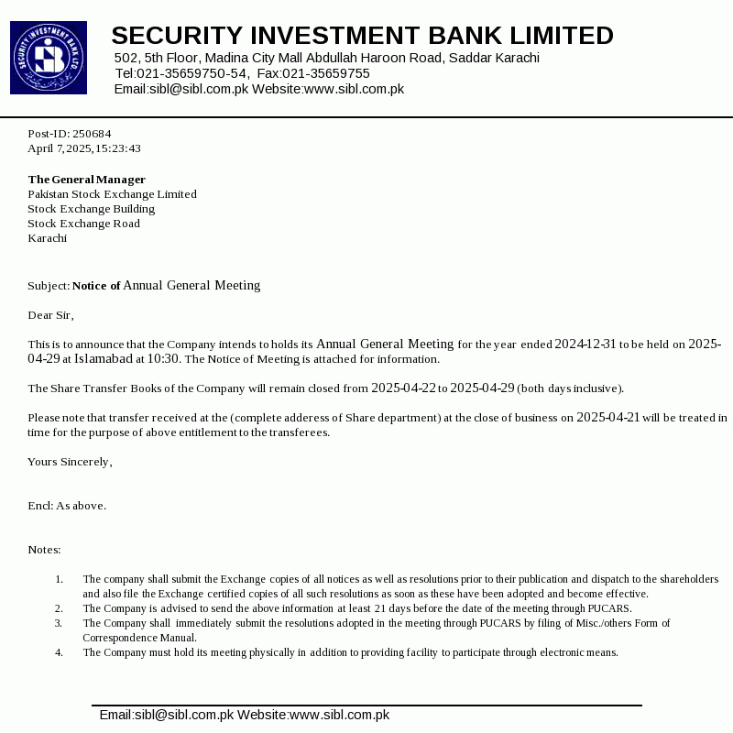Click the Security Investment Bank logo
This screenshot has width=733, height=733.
pos(49,58)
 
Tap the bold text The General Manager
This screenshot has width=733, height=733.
pos(86,180)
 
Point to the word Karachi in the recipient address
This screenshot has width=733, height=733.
pos(47,238)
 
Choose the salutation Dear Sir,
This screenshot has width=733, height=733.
pos(49,315)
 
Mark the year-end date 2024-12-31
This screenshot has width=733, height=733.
pos(585,345)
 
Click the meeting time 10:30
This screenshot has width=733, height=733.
pos(164,359)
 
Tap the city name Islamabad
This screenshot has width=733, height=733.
pos(104,359)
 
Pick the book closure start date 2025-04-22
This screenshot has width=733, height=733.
pos(403,388)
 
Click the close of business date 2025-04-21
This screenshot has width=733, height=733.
pos(607,418)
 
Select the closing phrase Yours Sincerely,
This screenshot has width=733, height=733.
pos(70,462)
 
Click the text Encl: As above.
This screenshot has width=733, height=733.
pos(67,506)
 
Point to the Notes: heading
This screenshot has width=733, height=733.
pos(44,550)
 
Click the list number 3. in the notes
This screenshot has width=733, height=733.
pos(59,623)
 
